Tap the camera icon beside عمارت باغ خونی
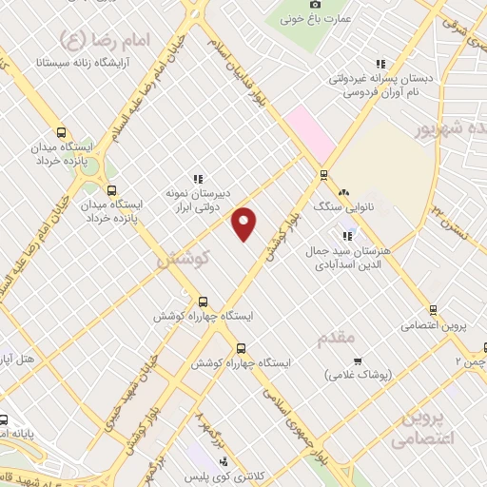coord(316,5)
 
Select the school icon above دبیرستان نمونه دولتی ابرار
coord(198,178)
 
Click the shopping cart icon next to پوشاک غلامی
coord(358,360)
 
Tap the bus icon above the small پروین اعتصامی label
coord(433,309)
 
